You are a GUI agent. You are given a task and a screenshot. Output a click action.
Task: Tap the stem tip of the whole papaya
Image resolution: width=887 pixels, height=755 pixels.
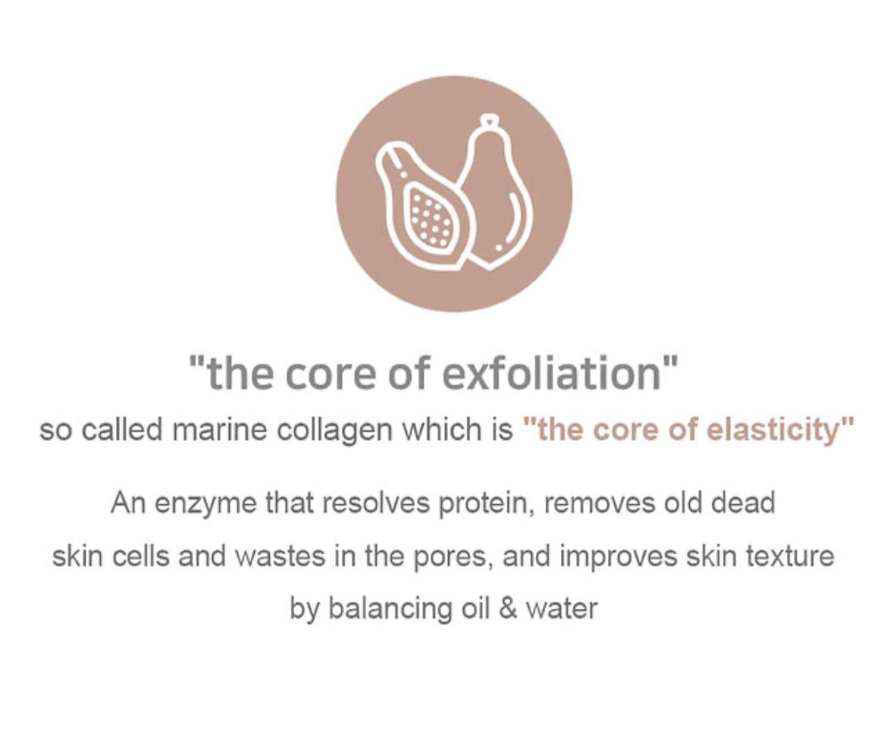click(x=491, y=121)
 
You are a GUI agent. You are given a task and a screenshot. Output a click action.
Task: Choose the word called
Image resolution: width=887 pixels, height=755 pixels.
click(x=122, y=430)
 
